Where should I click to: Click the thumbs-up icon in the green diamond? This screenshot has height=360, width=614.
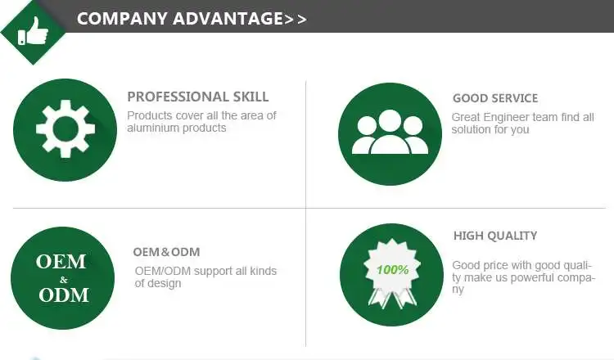34,31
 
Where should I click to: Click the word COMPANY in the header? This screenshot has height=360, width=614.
123,19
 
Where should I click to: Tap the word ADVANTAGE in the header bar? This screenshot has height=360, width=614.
228,19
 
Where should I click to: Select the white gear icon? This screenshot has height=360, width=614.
65,129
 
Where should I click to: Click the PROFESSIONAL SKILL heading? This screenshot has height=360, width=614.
198,97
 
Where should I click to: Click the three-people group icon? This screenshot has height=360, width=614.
390,133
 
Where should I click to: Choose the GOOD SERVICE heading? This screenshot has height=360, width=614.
495,98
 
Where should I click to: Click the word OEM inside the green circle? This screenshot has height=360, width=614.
61,261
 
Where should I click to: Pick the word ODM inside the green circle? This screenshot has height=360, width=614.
63,295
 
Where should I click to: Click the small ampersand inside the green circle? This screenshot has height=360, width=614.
64,279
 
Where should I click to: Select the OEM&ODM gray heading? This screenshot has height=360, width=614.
166,252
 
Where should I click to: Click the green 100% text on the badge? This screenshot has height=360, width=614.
392,270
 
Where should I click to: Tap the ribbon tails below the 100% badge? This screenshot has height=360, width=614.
392,298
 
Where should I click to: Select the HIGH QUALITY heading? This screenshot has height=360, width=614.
495,236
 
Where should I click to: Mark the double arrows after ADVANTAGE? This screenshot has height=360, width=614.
296,20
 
